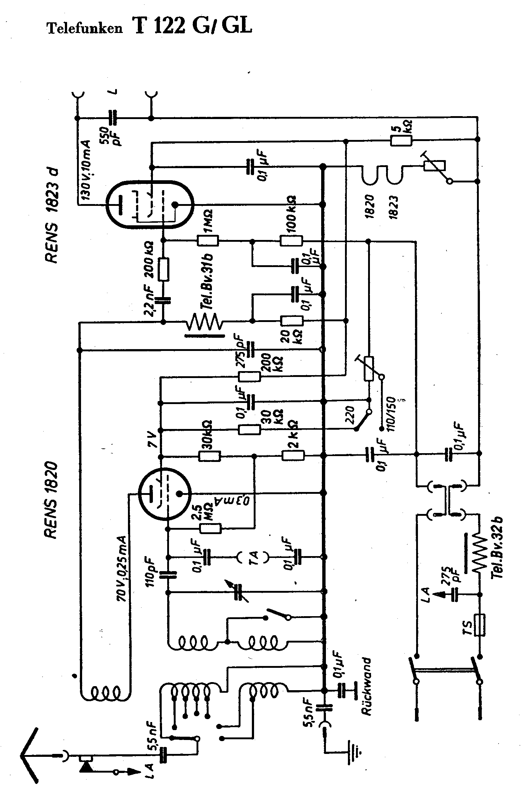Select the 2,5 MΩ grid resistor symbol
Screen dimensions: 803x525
[210, 528]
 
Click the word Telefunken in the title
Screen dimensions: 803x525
[85, 29]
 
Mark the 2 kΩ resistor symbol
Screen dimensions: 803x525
[293, 456]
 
